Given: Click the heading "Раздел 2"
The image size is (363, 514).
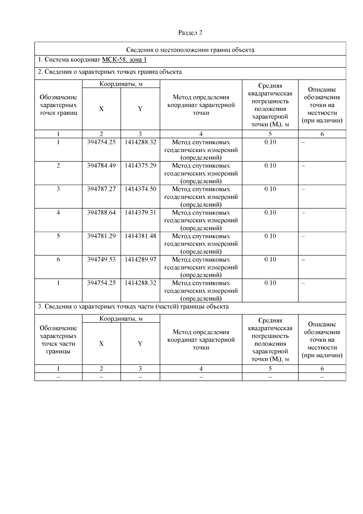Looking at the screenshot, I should [190, 33].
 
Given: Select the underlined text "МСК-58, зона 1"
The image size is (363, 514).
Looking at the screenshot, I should [124, 60].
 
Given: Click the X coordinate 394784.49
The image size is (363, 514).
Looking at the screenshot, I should [101, 166].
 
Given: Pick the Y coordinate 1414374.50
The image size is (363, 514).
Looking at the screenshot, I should [140, 189].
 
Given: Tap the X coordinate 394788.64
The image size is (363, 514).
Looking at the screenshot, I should [101, 213].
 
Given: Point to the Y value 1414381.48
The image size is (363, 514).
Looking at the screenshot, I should [140, 236].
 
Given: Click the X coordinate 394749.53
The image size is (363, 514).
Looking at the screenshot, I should [101, 259].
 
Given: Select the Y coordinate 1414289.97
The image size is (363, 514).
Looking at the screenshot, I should [140, 259].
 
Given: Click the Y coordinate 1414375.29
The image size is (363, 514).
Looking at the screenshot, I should [140, 166].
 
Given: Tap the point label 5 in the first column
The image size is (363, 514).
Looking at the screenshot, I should [58, 236].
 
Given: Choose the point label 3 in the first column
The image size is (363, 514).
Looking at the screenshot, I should [58, 189].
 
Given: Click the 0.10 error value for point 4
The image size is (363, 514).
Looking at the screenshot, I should [270, 213].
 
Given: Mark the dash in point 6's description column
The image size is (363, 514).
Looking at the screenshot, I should [303, 260].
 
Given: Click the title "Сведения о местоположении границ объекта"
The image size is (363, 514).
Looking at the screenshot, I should [190, 50].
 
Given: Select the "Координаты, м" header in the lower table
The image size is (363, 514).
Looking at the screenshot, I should [121, 318].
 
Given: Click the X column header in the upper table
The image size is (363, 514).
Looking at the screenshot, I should [101, 109].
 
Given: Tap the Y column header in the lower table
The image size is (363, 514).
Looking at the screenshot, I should [140, 344].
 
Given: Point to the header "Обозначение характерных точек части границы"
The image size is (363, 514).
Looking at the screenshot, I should [58, 340].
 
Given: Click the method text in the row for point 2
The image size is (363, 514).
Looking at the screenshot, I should [201, 173].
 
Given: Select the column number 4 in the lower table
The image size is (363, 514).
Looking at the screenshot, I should [201, 369].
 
